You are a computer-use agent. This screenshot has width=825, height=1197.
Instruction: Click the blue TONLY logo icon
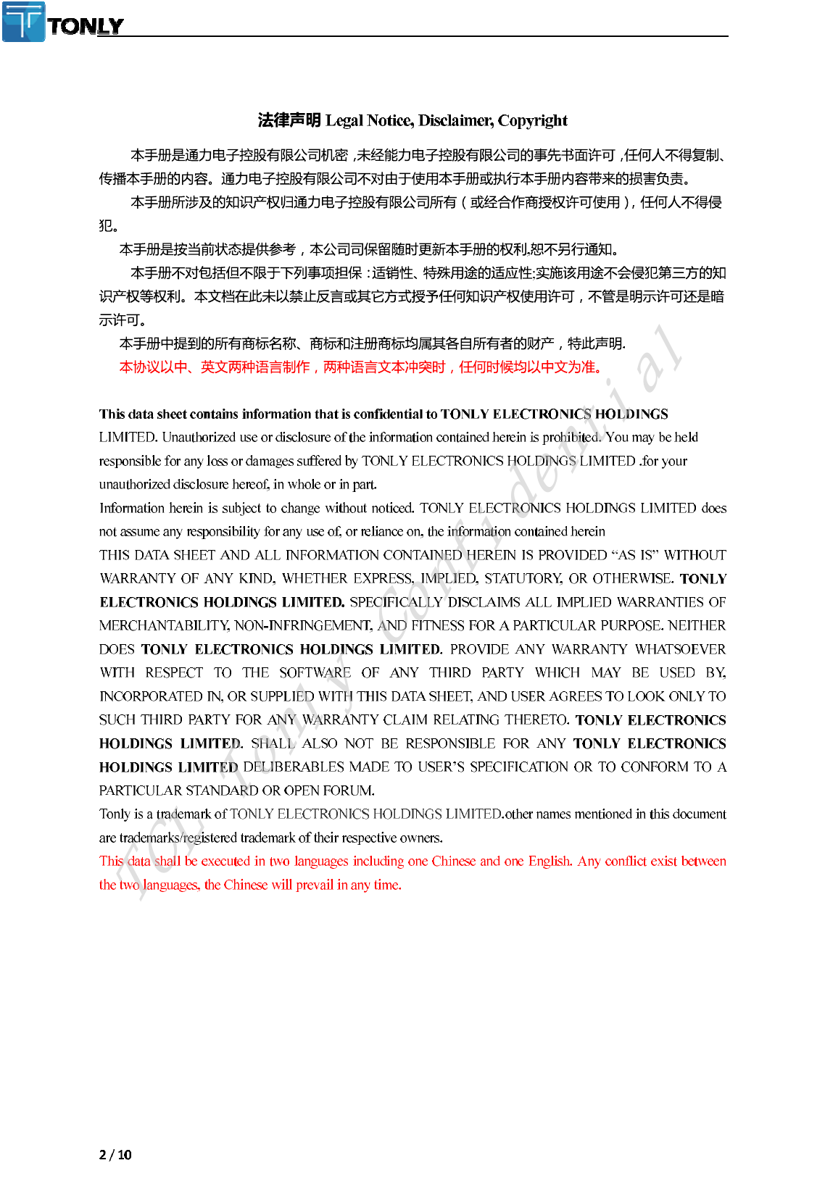click(24, 21)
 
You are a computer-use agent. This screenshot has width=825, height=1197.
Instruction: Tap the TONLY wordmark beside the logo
click(86, 27)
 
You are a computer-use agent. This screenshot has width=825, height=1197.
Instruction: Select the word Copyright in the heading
click(533, 120)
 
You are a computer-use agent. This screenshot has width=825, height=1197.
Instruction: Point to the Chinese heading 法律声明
click(289, 120)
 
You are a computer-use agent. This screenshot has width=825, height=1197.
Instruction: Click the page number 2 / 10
click(115, 1155)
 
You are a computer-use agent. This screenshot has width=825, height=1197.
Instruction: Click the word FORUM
click(348, 791)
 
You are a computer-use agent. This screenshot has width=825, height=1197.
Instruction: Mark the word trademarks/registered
click(178, 838)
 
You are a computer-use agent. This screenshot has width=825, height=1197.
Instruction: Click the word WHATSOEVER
click(681, 649)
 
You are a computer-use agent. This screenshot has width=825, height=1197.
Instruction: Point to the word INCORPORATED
click(151, 696)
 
